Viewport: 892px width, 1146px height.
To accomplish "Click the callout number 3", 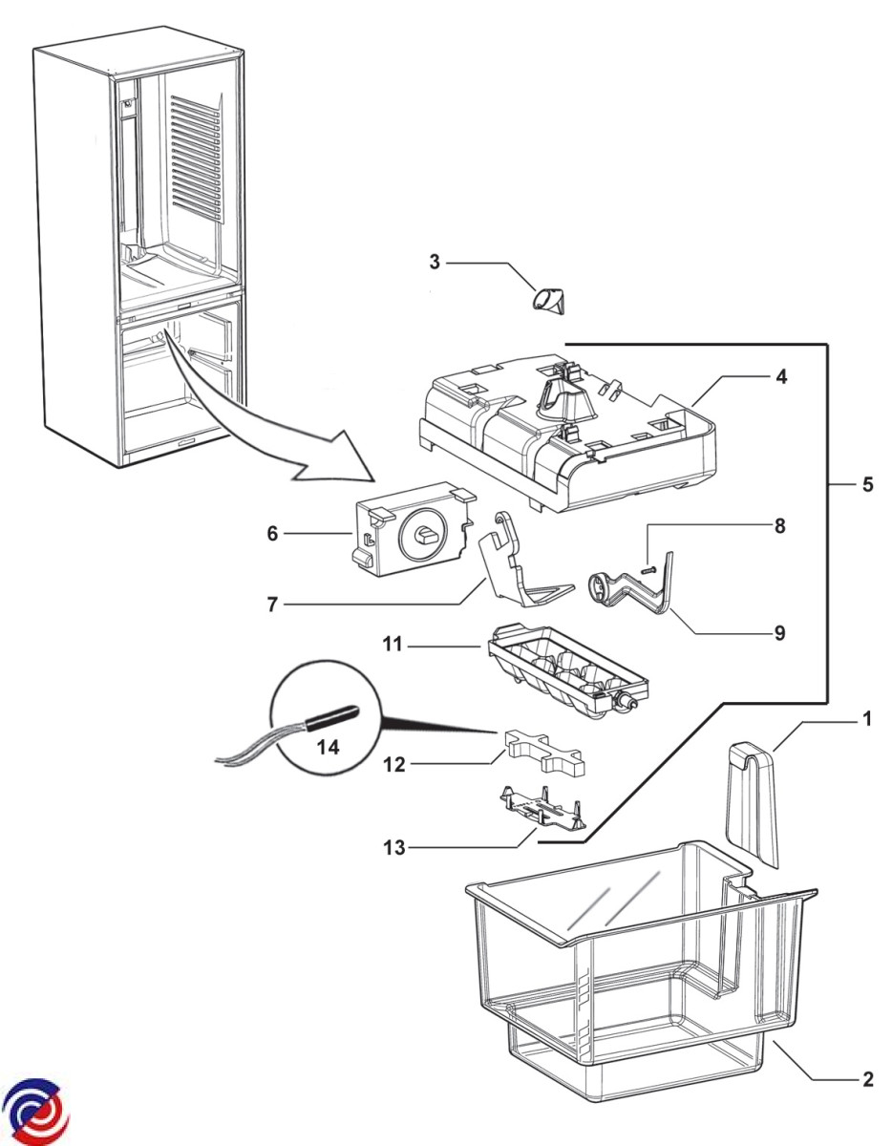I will coord(435,261).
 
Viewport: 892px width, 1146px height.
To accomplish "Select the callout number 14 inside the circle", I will coord(328,748).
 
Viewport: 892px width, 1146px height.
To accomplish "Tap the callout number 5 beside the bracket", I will coord(867,484).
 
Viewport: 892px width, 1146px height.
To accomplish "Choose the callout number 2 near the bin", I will coord(867,1080).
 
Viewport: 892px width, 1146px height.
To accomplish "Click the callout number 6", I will coord(273,534).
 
